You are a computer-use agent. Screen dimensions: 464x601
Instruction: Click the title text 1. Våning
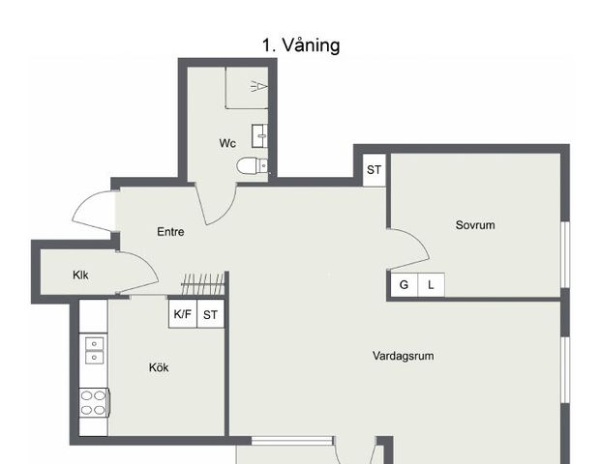(300, 45)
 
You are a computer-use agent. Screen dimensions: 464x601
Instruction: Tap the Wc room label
(227, 143)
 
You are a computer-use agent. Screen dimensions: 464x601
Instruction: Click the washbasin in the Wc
(259, 135)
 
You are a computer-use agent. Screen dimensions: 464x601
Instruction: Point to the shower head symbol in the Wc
(256, 86)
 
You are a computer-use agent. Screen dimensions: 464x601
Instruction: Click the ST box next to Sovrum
(374, 170)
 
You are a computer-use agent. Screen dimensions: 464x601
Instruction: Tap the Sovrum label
(475, 225)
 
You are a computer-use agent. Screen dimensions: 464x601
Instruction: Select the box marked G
(404, 285)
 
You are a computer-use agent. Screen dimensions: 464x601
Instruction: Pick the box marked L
(431, 285)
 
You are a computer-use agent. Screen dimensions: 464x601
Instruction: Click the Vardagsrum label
(404, 356)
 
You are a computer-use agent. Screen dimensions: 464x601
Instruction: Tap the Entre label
(170, 232)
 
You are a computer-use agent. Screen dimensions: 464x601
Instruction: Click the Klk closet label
(80, 275)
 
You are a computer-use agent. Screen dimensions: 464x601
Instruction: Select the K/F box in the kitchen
(183, 313)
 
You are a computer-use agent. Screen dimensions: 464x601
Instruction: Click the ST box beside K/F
(211, 313)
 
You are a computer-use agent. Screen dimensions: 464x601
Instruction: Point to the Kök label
(159, 367)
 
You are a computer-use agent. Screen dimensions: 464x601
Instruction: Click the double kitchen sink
(94, 350)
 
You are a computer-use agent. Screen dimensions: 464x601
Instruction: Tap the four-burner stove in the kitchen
(93, 402)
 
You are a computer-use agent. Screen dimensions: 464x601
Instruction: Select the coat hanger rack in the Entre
(202, 284)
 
